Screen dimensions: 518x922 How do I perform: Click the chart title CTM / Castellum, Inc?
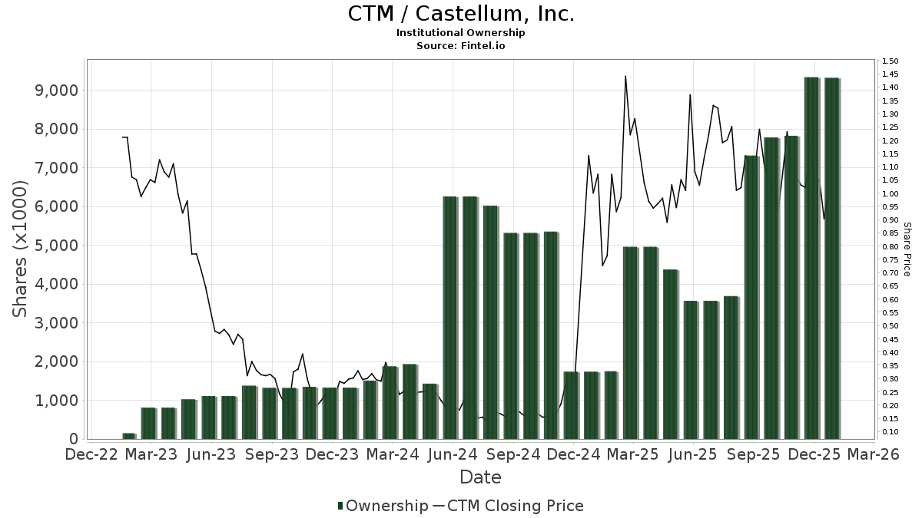pos(461,14)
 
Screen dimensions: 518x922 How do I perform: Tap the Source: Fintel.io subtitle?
pos(461,45)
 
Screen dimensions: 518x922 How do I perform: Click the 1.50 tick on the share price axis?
pos(890,61)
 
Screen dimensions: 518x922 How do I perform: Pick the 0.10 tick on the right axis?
pos(890,432)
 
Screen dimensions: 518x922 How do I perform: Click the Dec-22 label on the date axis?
pos(91,454)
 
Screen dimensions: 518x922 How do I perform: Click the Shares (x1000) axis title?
pos(21,249)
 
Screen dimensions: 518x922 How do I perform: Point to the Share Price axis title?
pos(907,249)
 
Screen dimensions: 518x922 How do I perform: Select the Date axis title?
pos(480,477)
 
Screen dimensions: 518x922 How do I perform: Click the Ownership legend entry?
pos(383,506)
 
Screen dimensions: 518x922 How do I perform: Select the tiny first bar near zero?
pos(128,436)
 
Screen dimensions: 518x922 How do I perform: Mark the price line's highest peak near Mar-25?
pos(625,76)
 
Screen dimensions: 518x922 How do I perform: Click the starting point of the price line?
pos(122,137)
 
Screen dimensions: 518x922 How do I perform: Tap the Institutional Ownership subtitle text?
pos(461,33)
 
